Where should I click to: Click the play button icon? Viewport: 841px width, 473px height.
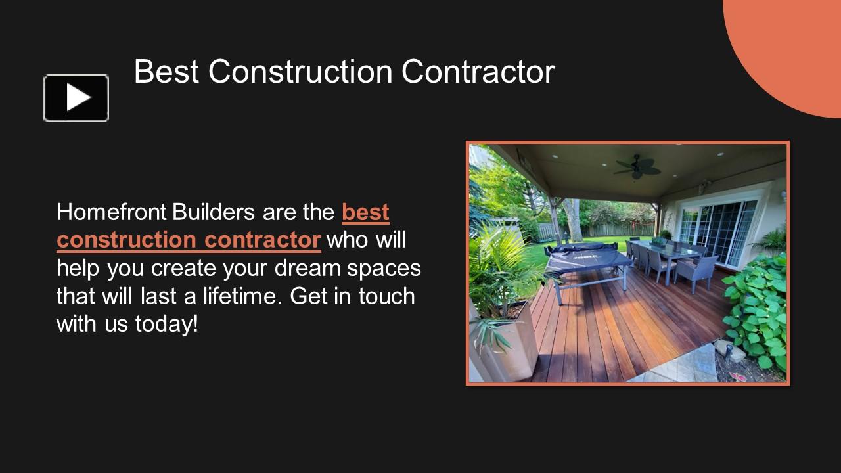pyautogui.click(x=76, y=99)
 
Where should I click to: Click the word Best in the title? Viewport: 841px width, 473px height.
pyautogui.click(x=166, y=72)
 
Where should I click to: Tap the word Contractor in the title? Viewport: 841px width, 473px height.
pyautogui.click(x=478, y=72)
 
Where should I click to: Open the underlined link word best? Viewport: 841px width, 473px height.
pyautogui.click(x=365, y=212)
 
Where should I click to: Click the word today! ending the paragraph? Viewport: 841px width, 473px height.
pyautogui.click(x=167, y=323)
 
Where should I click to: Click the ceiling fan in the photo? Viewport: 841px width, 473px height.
pyautogui.click(x=637, y=166)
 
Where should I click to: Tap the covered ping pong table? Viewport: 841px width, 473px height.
pyautogui.click(x=585, y=259)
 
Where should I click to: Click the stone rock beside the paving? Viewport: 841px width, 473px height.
pyautogui.click(x=731, y=353)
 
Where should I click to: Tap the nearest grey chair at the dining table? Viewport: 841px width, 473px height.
pyautogui.click(x=696, y=270)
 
